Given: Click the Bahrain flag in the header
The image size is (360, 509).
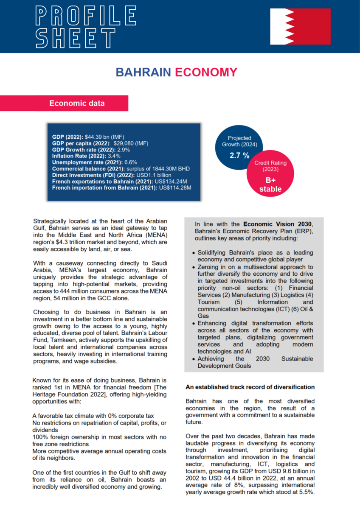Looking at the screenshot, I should point(300,26).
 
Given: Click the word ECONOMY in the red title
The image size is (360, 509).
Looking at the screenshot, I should point(205,72).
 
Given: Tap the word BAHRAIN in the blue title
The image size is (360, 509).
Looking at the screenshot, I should point(143,72).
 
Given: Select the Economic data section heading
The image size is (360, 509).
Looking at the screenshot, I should point(77,103).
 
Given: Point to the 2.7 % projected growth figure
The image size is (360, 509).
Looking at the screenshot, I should point(239,156).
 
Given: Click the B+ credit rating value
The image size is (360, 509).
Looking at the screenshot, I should point(270,180).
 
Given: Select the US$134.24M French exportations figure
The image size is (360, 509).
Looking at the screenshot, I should point(169,181).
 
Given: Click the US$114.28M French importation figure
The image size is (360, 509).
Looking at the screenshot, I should point(175,187).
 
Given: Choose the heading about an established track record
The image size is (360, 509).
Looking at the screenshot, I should point(250,387).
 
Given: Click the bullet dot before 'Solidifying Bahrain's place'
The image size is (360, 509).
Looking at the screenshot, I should point(194,253).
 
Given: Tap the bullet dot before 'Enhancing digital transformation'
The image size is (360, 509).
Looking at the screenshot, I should point(194,324).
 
